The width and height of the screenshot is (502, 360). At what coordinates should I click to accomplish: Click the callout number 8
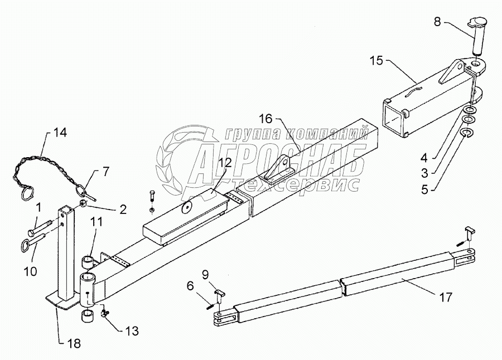[x=437, y=23]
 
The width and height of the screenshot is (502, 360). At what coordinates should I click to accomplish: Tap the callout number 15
[x=377, y=60]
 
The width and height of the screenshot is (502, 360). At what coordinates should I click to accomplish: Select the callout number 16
[x=266, y=118]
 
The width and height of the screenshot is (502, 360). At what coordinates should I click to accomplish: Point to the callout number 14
[x=59, y=132]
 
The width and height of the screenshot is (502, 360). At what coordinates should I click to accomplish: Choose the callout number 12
[x=225, y=163]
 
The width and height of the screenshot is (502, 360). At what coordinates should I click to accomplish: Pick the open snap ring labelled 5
[x=466, y=133]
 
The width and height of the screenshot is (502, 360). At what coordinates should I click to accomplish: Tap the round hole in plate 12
[x=187, y=208]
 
